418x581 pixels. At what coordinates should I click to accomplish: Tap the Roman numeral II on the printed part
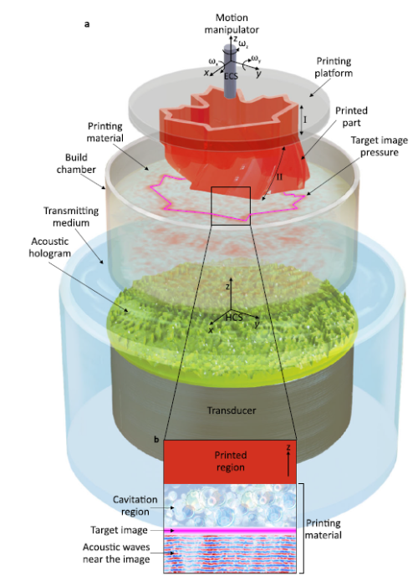280,177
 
